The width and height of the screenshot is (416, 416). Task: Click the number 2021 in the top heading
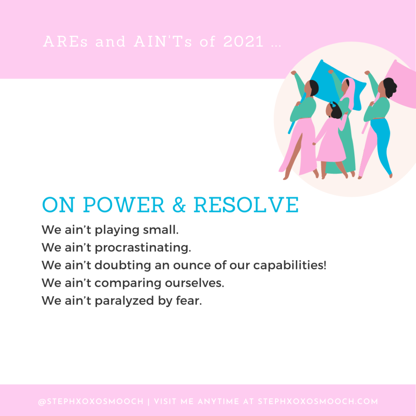(x=244, y=42)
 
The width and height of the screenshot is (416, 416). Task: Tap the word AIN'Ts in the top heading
(x=163, y=42)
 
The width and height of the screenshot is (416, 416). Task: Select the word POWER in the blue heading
(x=123, y=205)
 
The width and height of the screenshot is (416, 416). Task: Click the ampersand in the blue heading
(x=179, y=205)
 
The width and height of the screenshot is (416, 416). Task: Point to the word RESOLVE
(x=246, y=205)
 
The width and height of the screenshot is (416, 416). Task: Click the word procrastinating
(x=143, y=248)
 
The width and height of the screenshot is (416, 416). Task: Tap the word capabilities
(x=290, y=265)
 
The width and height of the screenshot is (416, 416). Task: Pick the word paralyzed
(x=124, y=301)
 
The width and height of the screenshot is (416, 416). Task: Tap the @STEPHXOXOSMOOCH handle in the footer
(x=91, y=402)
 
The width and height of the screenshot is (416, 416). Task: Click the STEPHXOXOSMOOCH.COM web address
(x=318, y=401)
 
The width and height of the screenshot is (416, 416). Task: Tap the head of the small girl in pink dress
(x=335, y=110)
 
